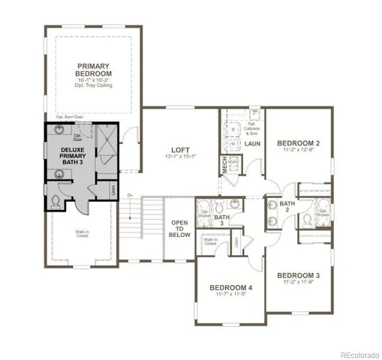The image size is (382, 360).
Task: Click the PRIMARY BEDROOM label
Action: [x=93, y=70]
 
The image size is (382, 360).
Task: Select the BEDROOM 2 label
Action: [x=298, y=142]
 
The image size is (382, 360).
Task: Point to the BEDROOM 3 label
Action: [x=298, y=275]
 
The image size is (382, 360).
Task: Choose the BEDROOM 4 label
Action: [x=231, y=289]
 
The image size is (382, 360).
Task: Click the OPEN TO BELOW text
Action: [x=179, y=227]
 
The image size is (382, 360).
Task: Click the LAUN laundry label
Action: [x=251, y=142]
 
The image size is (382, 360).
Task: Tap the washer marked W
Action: [x=233, y=144]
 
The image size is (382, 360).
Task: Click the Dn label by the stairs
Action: [x=129, y=196]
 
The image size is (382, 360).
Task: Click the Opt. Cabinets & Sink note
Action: [x=251, y=129]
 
